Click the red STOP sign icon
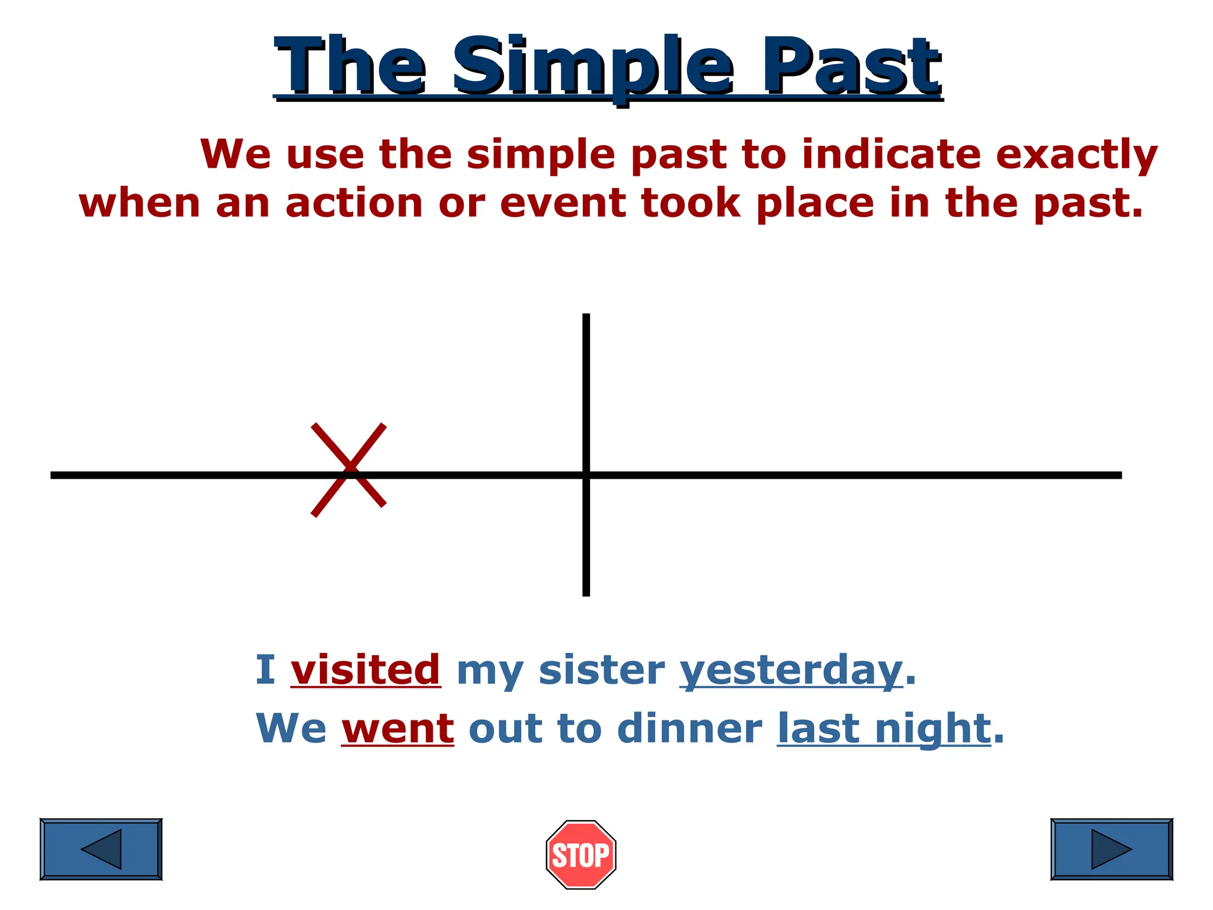580,854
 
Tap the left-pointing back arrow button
101,849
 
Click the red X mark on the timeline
349,470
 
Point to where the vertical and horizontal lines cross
586,475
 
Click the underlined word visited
365,670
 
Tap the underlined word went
397,729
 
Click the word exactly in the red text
1076,154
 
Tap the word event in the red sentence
563,203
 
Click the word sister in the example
602,670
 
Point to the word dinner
689,729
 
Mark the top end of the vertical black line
586,316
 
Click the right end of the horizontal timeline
1119,475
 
